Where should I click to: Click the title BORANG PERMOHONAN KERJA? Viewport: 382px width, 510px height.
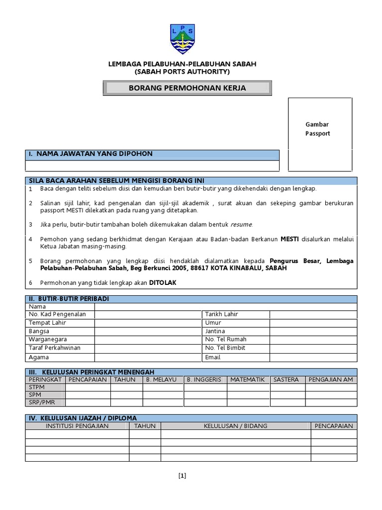(187, 88)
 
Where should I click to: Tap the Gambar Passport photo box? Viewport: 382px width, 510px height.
(320, 133)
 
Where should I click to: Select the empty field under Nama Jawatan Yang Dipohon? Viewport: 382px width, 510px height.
(152, 166)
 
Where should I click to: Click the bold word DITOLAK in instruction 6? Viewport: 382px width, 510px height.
(163, 282)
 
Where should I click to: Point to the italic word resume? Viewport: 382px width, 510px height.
(241, 225)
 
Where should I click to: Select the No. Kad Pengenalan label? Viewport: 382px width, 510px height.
(58, 314)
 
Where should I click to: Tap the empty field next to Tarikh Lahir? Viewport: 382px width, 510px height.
(313, 314)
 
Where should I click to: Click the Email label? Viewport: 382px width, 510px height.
(212, 358)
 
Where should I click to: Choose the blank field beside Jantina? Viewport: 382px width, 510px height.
(313, 331)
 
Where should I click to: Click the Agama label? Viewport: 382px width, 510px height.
(38, 358)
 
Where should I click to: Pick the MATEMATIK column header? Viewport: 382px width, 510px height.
(247, 380)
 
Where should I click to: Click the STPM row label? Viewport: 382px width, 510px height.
(37, 387)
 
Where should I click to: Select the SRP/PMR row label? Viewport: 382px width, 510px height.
(42, 402)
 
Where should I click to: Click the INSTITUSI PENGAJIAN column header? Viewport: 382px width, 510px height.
(77, 426)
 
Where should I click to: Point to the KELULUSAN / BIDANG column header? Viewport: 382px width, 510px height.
(235, 426)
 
